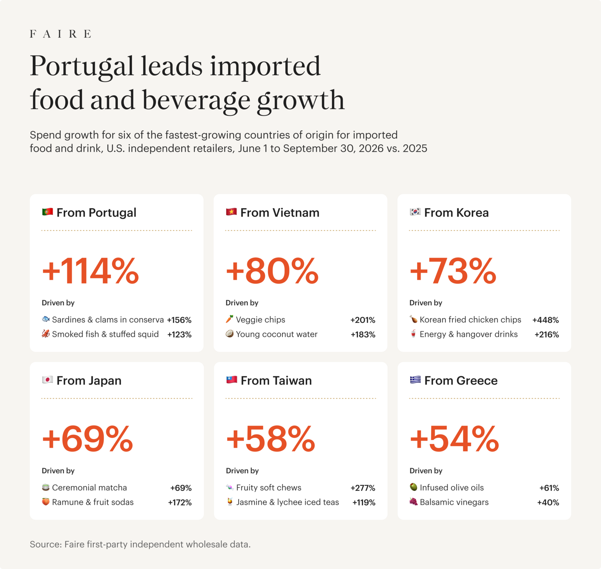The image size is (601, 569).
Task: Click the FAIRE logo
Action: tap(60, 34)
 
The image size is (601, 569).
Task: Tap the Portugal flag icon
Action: tap(47, 212)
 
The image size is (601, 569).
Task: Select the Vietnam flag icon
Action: tap(231, 212)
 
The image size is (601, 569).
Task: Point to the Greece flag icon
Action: tap(415, 380)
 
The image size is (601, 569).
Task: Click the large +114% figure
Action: tap(90, 270)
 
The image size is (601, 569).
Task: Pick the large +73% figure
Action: tap(453, 270)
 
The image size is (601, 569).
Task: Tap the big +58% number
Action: tap(270, 439)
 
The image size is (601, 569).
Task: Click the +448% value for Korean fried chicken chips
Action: tap(546, 320)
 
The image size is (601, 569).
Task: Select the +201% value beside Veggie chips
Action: tap(363, 320)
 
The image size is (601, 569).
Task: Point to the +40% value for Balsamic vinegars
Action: tap(548, 503)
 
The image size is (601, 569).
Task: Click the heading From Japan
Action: tap(89, 380)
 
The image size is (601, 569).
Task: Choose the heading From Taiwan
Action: tap(276, 380)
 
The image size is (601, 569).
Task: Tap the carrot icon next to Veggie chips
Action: tap(230, 319)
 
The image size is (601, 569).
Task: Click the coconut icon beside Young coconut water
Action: tap(230, 334)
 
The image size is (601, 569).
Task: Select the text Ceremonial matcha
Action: tap(89, 487)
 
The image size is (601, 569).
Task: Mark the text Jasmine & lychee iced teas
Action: tap(288, 502)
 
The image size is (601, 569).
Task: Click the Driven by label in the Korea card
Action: tap(426, 303)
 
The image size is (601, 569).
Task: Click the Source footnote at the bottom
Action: tap(140, 544)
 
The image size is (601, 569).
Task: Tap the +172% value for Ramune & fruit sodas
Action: tap(180, 503)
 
